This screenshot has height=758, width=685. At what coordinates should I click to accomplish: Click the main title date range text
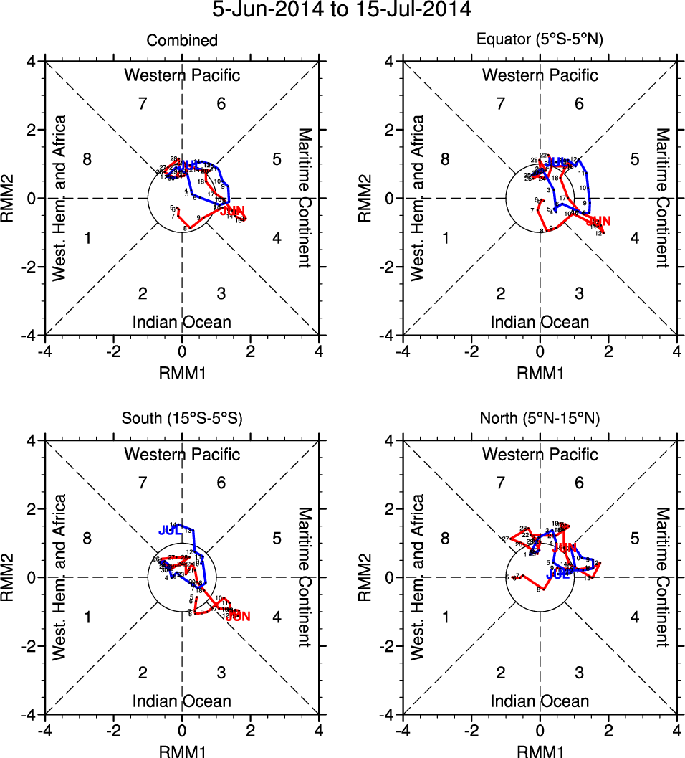tap(342, 10)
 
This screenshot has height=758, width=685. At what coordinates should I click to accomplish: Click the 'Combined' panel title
tap(182, 41)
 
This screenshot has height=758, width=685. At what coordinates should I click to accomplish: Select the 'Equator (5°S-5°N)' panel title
tap(540, 41)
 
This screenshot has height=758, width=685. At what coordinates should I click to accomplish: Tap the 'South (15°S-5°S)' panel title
tap(182, 419)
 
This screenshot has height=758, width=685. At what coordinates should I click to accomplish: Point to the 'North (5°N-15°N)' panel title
tap(540, 419)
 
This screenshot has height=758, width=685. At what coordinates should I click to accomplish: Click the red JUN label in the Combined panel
tap(232, 211)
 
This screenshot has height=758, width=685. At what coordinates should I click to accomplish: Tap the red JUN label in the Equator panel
tap(598, 222)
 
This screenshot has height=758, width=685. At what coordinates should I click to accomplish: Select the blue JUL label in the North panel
tap(557, 574)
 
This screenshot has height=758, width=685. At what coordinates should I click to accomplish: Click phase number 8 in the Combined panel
tap(87, 159)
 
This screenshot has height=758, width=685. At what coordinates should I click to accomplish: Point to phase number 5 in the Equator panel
tap(634, 159)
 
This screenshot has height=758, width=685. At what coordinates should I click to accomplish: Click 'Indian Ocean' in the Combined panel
tap(182, 322)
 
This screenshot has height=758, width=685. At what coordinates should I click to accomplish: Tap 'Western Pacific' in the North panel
tap(540, 454)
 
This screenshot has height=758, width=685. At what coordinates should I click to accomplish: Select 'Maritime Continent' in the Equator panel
tap(663, 198)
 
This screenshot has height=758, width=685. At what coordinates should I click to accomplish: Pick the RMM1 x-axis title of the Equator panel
tap(540, 372)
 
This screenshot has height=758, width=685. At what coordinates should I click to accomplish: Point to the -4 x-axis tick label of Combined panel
tap(44, 352)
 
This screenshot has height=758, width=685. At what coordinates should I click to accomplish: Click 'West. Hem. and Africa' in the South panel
tap(60, 577)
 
